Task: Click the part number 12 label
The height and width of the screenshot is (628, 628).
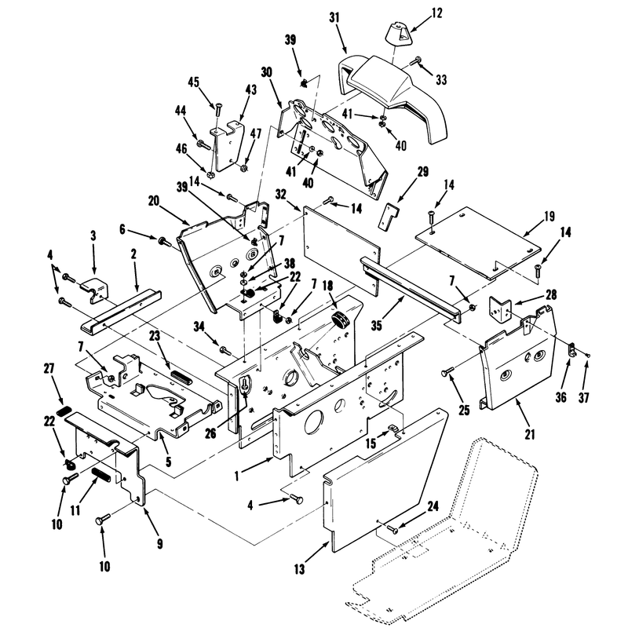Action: pyautogui.click(x=437, y=13)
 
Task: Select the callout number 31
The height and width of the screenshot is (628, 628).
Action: pyautogui.click(x=334, y=17)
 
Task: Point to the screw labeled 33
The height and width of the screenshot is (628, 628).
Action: pyautogui.click(x=416, y=61)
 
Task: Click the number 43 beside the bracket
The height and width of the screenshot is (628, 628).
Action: pyautogui.click(x=250, y=89)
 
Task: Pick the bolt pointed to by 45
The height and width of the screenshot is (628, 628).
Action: pyautogui.click(x=218, y=110)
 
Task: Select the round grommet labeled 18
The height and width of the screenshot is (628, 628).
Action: pyautogui.click(x=341, y=320)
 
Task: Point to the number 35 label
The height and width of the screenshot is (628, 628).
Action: pyautogui.click(x=377, y=326)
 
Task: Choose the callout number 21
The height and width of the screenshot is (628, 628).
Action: pyautogui.click(x=529, y=434)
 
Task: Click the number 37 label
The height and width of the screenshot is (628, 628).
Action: pyautogui.click(x=583, y=398)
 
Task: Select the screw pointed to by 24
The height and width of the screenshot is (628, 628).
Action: pyautogui.click(x=392, y=529)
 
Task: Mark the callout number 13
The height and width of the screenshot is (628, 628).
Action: pyautogui.click(x=299, y=568)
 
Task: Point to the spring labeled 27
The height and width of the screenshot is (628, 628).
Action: pyautogui.click(x=64, y=410)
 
